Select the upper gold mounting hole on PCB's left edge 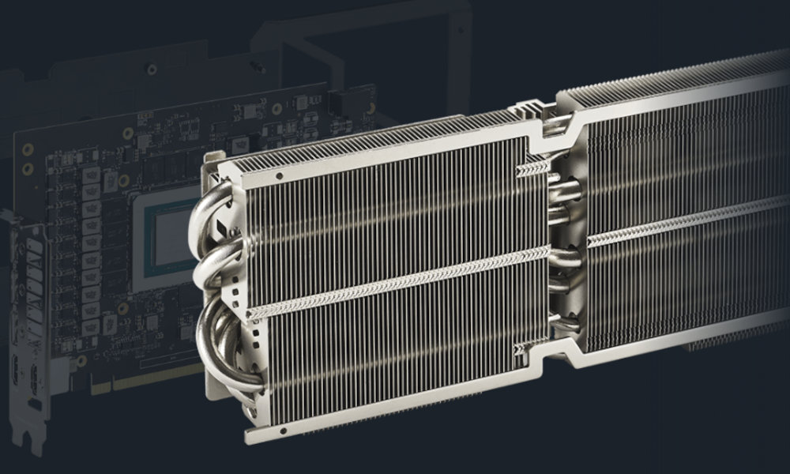[28, 149]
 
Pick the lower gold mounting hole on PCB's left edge [28, 168]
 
